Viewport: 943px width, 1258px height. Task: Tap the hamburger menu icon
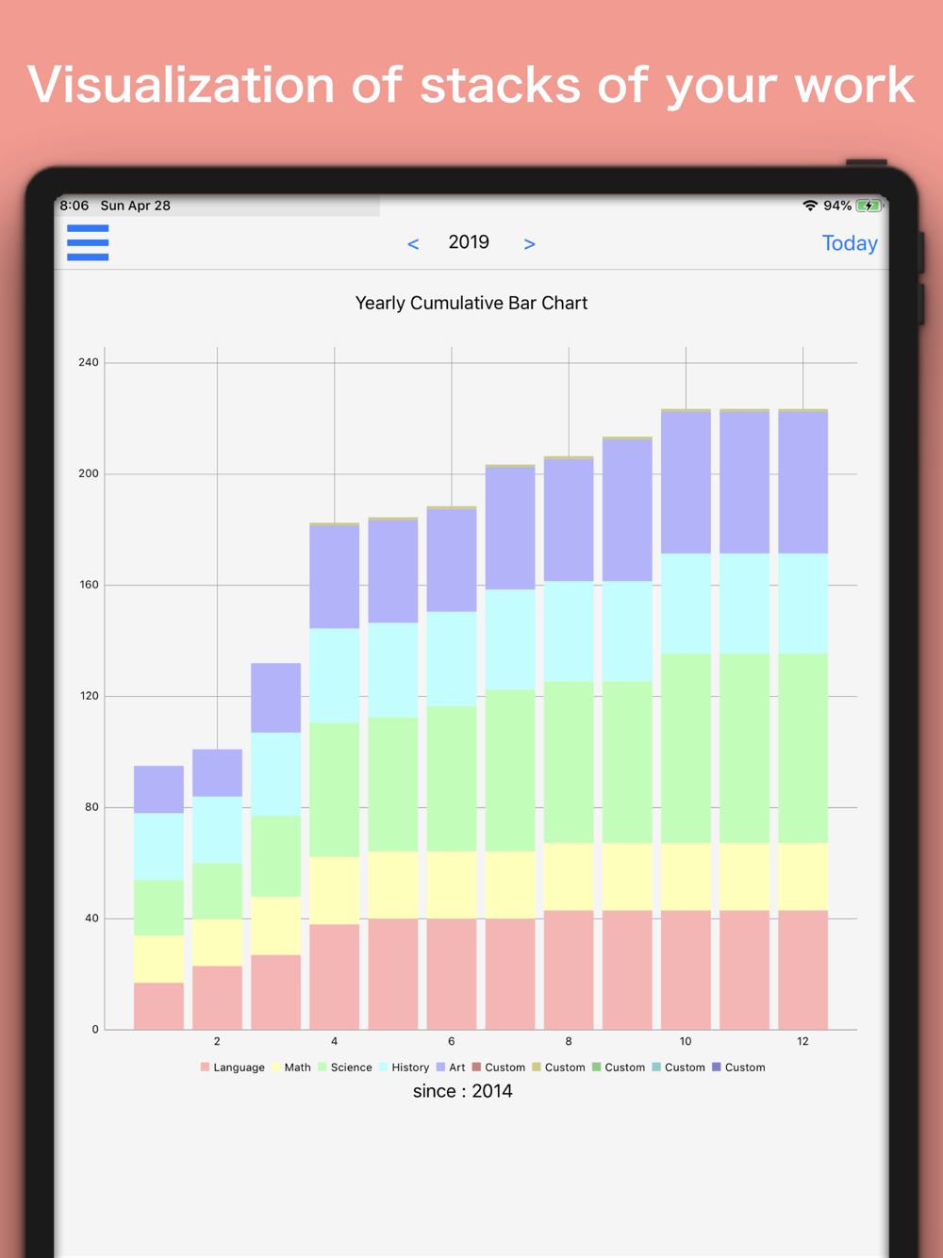click(88, 242)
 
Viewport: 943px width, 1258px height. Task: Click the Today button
click(850, 243)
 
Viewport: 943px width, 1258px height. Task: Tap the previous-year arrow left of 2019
click(413, 244)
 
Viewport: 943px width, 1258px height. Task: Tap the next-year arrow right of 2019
click(529, 244)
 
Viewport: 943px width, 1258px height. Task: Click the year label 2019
click(469, 242)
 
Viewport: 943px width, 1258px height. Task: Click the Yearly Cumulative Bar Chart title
click(471, 303)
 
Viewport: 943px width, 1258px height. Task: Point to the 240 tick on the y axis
click(89, 362)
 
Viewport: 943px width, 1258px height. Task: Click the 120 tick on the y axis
click(89, 696)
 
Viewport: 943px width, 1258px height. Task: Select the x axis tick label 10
click(686, 1041)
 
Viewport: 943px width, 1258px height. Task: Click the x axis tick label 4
click(334, 1041)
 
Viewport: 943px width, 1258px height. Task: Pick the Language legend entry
click(233, 1068)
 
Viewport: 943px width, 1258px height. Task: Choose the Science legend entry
click(345, 1068)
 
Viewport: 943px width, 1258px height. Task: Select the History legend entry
click(405, 1068)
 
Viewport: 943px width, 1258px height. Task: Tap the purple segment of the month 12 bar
click(802, 482)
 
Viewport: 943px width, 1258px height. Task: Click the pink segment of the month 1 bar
click(158, 1005)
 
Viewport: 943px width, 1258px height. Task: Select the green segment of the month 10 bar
click(686, 748)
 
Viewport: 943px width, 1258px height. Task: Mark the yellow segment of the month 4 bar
click(334, 890)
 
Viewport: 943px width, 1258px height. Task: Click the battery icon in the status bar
click(869, 206)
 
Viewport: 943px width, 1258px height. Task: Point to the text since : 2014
click(462, 1091)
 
